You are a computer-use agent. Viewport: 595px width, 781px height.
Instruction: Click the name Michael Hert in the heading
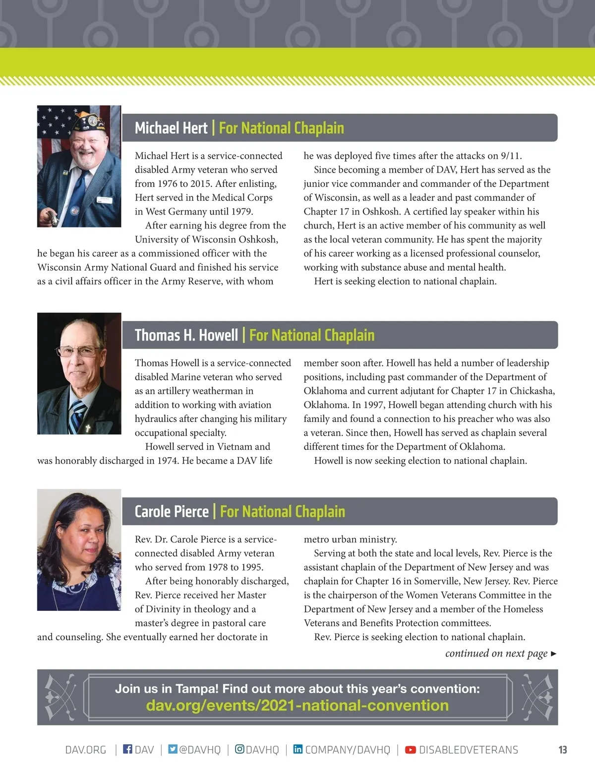171,128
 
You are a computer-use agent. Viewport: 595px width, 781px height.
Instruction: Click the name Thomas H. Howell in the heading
186,335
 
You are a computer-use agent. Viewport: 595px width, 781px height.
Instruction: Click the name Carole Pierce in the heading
172,512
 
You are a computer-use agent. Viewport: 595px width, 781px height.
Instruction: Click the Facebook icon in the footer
127,749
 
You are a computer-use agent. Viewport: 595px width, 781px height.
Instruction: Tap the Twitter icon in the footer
173,749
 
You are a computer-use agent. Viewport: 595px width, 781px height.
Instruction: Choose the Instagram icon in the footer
239,749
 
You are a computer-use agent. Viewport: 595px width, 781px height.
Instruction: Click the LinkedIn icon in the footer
297,749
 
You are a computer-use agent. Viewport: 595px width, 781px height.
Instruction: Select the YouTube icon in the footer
411,750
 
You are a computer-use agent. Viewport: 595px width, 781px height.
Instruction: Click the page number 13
562,750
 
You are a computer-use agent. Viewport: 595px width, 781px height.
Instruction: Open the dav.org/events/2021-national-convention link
297,705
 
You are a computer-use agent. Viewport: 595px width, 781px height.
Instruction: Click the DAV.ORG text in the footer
86,750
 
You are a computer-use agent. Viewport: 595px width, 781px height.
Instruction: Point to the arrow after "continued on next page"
553,654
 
